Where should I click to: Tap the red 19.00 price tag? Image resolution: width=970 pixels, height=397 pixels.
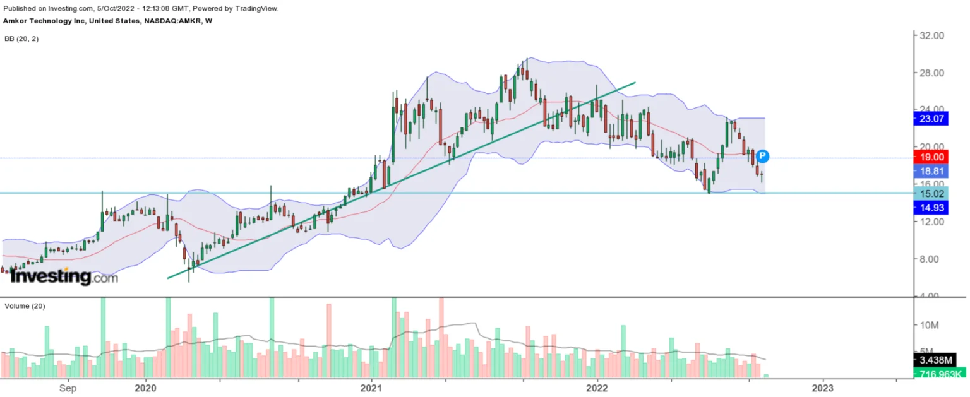pyautogui.click(x=931, y=157)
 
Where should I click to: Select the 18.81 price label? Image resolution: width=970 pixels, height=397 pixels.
pyautogui.click(x=931, y=170)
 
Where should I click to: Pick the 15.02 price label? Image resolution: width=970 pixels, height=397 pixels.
pyautogui.click(x=931, y=193)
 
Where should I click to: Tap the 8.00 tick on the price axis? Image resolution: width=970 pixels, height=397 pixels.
pyautogui.click(x=931, y=259)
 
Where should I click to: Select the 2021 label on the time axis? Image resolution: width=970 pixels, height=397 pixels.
pyautogui.click(x=371, y=388)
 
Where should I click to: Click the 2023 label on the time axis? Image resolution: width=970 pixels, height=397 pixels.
pyautogui.click(x=822, y=388)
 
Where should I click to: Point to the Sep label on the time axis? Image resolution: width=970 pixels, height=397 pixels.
pyautogui.click(x=68, y=388)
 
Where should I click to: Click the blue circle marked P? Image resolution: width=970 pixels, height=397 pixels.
pyautogui.click(x=762, y=156)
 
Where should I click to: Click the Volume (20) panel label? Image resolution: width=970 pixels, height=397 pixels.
pyautogui.click(x=25, y=306)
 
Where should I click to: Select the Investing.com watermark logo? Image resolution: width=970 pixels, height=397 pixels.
pyautogui.click(x=64, y=276)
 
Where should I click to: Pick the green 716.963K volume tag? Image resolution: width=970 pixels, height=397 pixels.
pyautogui.click(x=940, y=374)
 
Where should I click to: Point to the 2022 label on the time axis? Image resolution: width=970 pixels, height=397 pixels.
pyautogui.click(x=597, y=388)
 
